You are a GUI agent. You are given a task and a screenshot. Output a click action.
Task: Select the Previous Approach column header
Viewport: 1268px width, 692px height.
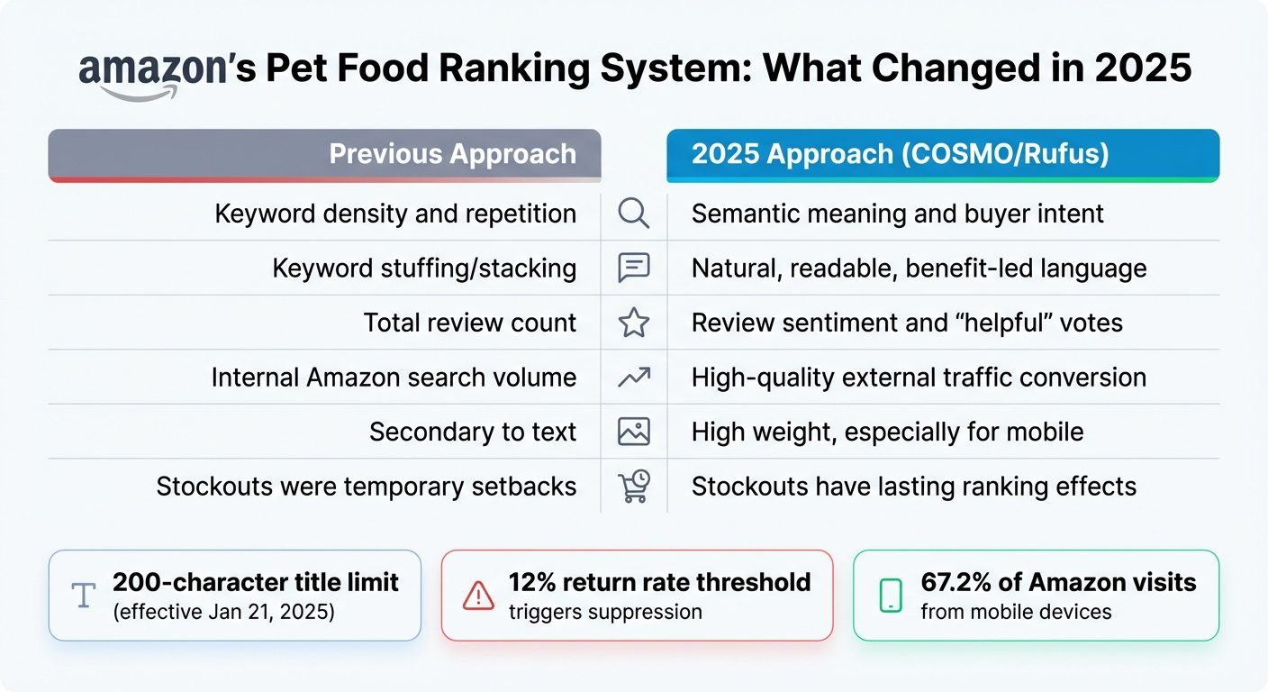click(x=451, y=153)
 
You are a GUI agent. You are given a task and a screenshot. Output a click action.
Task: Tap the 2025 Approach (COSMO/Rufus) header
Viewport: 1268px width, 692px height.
click(x=900, y=153)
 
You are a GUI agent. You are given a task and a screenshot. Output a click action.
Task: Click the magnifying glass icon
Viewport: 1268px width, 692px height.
click(x=634, y=214)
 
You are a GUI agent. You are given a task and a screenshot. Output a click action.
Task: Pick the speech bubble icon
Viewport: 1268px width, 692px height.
click(x=634, y=269)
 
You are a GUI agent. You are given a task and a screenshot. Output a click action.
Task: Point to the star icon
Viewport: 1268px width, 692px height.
click(x=634, y=323)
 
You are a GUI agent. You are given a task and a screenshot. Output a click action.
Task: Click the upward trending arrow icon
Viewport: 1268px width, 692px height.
click(x=634, y=378)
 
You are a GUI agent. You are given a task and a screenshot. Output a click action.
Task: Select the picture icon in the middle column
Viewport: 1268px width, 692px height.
click(x=634, y=432)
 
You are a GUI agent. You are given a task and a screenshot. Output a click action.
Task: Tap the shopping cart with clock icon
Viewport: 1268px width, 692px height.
click(x=634, y=487)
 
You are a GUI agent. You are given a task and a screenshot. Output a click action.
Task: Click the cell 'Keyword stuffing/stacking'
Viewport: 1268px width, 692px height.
click(x=424, y=269)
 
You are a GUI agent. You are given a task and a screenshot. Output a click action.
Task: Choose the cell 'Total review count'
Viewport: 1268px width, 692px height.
click(x=469, y=323)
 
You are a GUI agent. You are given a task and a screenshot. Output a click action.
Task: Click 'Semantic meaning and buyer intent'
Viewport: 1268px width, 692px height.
click(x=897, y=214)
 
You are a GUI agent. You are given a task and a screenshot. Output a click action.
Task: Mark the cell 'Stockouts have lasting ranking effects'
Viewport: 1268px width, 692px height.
click(x=913, y=487)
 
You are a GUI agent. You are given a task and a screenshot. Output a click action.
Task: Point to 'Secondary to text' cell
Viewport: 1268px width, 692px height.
click(x=472, y=432)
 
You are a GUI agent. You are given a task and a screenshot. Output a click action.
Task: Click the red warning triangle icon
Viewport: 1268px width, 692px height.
click(x=477, y=596)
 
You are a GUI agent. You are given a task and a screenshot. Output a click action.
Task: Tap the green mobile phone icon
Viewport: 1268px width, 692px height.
click(x=890, y=596)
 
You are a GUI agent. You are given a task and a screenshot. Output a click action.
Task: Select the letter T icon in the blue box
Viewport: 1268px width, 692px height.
click(x=83, y=596)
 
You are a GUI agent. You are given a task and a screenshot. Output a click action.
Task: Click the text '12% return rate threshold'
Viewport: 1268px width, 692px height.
click(x=659, y=582)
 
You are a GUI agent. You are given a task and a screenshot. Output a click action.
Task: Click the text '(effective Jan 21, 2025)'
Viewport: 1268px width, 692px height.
click(x=223, y=613)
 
